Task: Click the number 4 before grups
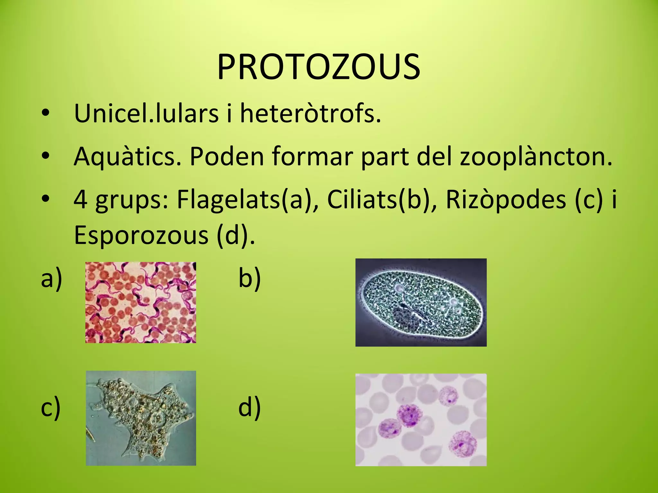[80, 200]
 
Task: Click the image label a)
[51, 279]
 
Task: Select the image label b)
[249, 279]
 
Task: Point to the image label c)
[51, 408]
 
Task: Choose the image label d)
[249, 408]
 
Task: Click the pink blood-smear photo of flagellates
[141, 302]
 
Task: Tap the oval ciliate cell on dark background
[421, 302]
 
